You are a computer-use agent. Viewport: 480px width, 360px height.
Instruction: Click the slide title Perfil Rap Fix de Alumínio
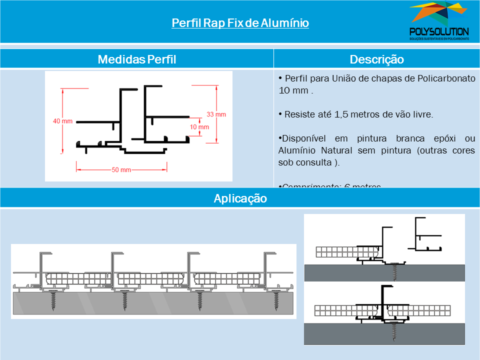point(240,23)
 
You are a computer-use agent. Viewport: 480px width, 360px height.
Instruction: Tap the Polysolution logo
point(438,21)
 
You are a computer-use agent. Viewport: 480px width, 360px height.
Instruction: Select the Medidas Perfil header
point(136,59)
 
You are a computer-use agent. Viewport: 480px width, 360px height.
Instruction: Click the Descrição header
point(376,59)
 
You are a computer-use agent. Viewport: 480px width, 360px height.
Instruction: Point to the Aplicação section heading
point(240,198)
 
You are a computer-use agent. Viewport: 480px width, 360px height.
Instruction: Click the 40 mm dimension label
point(62,121)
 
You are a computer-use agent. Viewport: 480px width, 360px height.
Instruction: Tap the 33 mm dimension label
point(216,114)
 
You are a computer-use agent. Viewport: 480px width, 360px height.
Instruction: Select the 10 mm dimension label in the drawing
point(199,126)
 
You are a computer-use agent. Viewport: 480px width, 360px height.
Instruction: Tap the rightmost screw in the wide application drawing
point(276,301)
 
